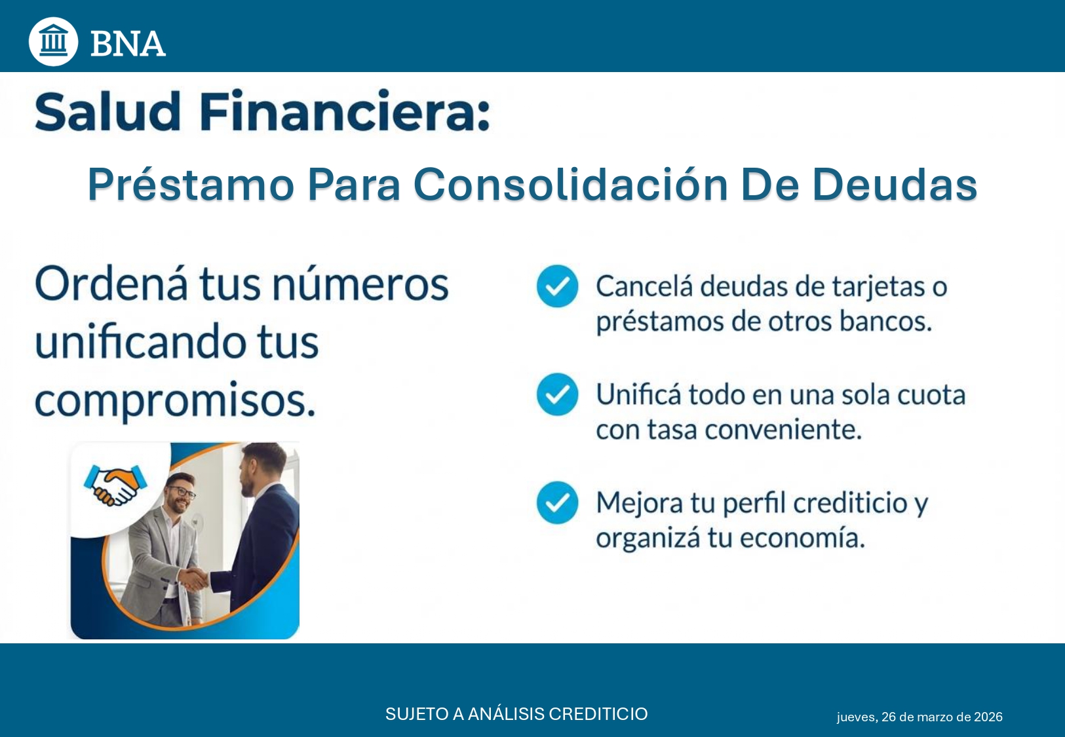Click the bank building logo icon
point(53,41)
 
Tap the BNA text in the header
point(128,44)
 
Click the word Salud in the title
point(108,111)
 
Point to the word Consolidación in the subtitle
point(571,184)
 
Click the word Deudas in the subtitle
point(895,184)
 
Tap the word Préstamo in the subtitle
point(191,184)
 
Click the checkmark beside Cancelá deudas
point(557,286)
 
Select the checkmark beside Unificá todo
point(557,394)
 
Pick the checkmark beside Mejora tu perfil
point(557,502)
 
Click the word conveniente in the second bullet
point(783,430)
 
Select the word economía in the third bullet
point(802,537)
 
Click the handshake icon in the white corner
point(115,485)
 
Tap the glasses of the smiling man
point(182,492)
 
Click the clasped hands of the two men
point(194,579)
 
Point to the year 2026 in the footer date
point(988,717)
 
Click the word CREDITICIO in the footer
point(598,713)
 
